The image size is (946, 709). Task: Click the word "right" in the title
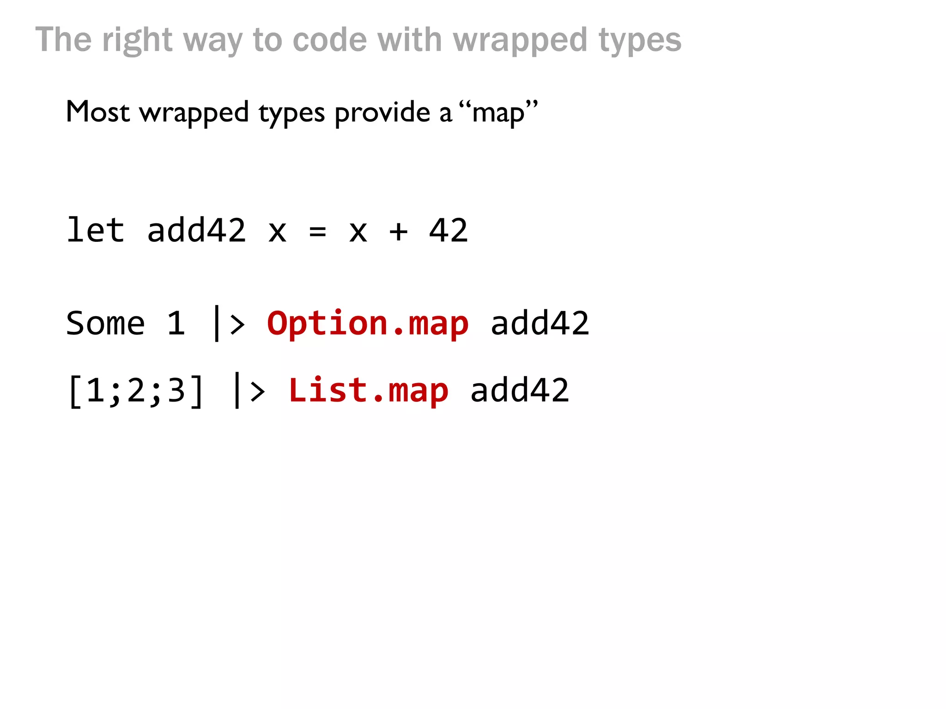tap(137, 40)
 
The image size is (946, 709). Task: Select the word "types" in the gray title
tap(640, 40)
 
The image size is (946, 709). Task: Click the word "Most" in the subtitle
tap(97, 112)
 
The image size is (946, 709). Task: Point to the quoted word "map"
tap(498, 113)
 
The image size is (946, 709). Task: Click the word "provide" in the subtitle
tap(382, 113)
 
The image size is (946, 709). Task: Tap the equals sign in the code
tap(317, 231)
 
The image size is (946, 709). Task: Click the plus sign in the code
tap(398, 231)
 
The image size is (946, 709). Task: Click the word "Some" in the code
tap(106, 323)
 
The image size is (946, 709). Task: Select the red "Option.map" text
tap(368, 323)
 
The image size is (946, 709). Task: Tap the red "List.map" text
tap(368, 391)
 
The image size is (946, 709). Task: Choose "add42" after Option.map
tap(540, 323)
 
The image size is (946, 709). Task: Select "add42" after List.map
tap(519, 391)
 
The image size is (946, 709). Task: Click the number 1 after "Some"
tap(176, 323)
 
